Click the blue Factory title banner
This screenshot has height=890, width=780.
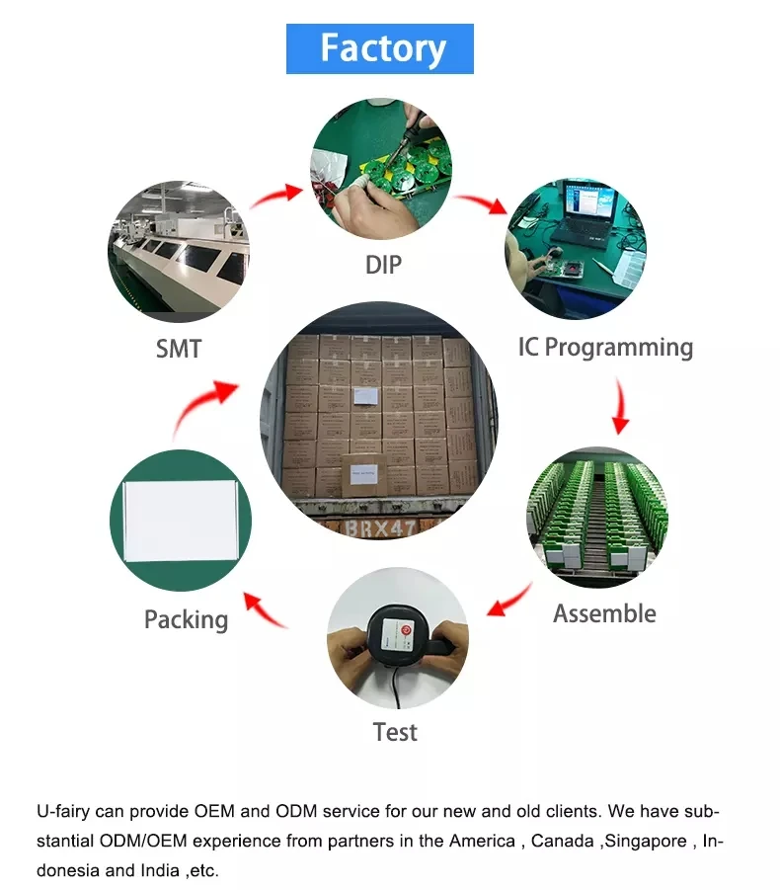(x=380, y=48)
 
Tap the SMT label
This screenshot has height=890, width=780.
(x=179, y=348)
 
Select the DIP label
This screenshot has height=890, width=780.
(x=382, y=264)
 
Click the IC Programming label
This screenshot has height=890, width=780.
(x=605, y=347)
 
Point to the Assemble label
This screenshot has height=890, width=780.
(x=604, y=613)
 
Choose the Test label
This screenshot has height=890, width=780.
(x=395, y=732)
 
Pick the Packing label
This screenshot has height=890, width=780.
(x=186, y=619)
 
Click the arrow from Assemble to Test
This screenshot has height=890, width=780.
(x=510, y=600)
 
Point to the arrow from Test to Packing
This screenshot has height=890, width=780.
(x=266, y=610)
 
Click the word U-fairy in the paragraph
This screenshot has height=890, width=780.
(x=62, y=812)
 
